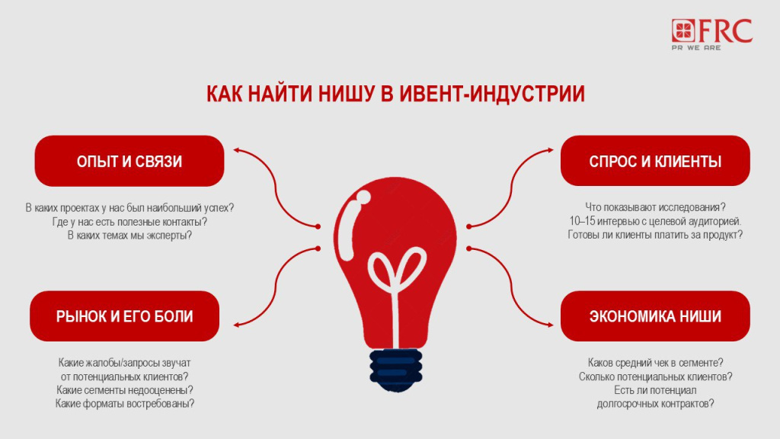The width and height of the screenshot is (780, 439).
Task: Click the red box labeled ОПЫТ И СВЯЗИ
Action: [x=129, y=161]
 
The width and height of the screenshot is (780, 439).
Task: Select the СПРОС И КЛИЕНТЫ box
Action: [x=655, y=161]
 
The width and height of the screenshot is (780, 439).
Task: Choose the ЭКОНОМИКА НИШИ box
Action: [x=655, y=316]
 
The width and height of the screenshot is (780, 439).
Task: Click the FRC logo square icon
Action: [x=683, y=31]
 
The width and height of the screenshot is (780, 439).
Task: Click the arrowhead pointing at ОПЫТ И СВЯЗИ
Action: [x=236, y=150]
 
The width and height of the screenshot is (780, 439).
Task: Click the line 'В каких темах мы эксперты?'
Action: [x=129, y=236]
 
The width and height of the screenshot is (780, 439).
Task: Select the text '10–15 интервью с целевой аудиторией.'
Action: [x=655, y=221]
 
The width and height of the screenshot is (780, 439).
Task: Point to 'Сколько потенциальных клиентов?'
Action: [x=655, y=377]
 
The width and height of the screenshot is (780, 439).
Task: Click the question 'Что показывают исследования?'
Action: [x=655, y=207]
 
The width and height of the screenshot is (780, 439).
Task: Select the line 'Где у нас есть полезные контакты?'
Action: [x=129, y=221]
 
